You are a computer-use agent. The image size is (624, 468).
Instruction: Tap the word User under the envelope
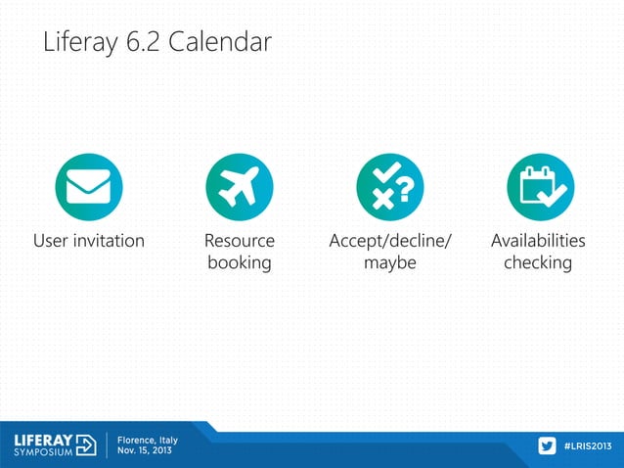(52, 241)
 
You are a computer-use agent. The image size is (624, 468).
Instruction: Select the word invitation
(110, 241)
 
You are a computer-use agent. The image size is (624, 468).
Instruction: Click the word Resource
(239, 241)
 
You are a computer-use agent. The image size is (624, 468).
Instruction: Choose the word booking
(239, 263)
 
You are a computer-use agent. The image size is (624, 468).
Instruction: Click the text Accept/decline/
(389, 241)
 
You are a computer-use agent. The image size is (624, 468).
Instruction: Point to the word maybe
(389, 263)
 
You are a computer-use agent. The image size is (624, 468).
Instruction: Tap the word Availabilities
(538, 241)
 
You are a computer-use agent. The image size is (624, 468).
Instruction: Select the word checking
(538, 263)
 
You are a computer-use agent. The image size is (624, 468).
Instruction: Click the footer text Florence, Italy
(149, 440)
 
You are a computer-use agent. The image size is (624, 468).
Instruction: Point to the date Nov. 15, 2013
(147, 452)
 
